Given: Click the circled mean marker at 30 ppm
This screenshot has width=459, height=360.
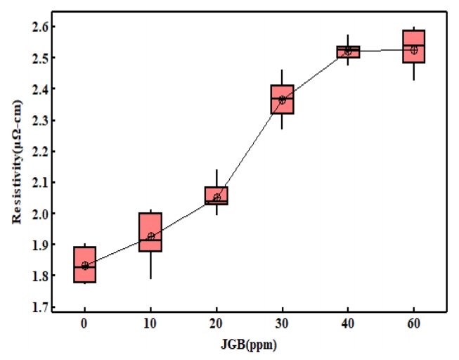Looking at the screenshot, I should pyautogui.click(x=282, y=100).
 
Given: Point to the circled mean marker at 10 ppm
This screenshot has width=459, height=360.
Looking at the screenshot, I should pyautogui.click(x=150, y=236).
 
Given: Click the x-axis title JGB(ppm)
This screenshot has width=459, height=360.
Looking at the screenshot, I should pyautogui.click(x=249, y=345).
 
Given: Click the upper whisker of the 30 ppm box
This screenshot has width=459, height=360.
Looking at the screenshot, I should pyautogui.click(x=282, y=77).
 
